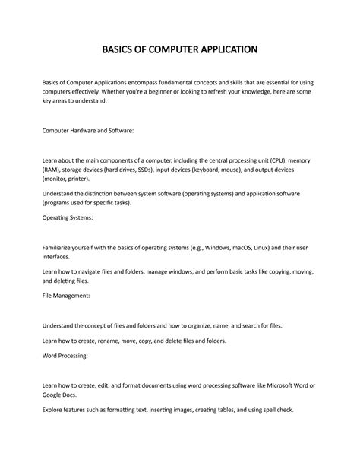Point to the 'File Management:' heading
65,295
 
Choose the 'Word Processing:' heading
65,355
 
